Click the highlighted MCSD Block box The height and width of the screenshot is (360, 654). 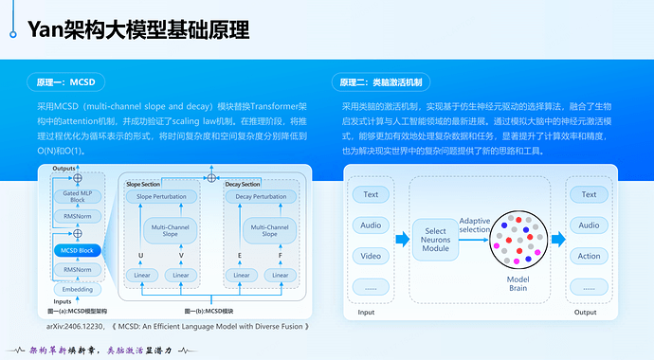77,250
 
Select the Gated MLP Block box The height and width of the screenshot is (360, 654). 77,197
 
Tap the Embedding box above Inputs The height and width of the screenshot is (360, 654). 77,289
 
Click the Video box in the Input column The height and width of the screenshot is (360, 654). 370,257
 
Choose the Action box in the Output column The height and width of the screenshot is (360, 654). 589,257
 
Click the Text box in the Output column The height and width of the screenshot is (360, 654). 589,194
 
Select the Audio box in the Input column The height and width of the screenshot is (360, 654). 370,225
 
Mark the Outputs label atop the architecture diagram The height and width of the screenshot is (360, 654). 64,168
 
